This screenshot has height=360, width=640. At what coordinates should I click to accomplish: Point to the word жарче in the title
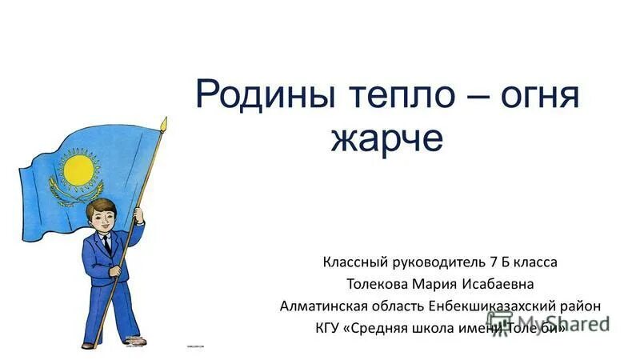coord(386,139)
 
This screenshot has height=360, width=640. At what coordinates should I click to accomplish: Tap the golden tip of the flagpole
coord(163,124)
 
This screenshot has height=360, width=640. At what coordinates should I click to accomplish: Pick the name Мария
coord(442,283)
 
